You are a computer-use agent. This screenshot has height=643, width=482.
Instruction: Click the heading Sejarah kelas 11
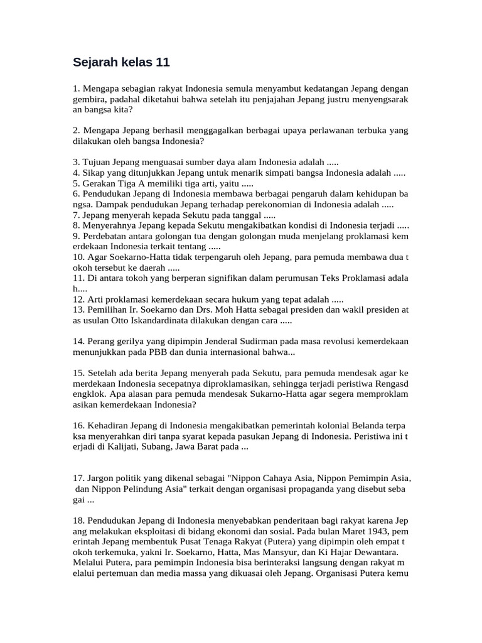tap(121, 63)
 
